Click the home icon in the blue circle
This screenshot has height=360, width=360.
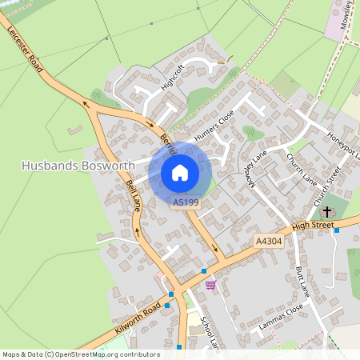pyautogui.click(x=180, y=173)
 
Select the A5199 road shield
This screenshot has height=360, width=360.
pyautogui.click(x=186, y=203)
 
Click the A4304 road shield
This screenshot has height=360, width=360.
pyautogui.click(x=270, y=241)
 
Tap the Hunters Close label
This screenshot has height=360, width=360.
pyautogui.click(x=213, y=127)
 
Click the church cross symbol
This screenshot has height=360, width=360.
pyautogui.click(x=326, y=212)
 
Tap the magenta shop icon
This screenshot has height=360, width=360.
pyautogui.click(x=210, y=284)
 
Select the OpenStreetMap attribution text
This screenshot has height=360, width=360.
pyautogui.click(x=82, y=354)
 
